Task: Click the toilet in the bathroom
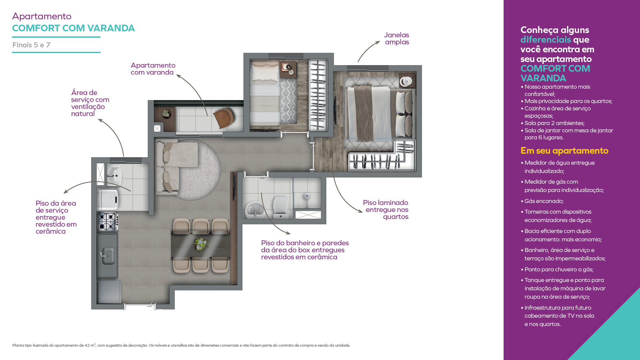[x=280, y=207]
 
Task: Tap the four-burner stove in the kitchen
[x=108, y=222]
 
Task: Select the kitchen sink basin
[x=107, y=256]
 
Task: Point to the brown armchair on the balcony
[x=224, y=118]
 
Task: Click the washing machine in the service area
[x=108, y=200]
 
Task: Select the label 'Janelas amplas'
[x=396, y=38]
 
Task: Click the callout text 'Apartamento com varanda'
[x=153, y=69]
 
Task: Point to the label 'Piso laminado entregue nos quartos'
[x=386, y=210]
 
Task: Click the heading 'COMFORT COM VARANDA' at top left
[x=73, y=28]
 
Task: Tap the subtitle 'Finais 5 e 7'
[x=31, y=45]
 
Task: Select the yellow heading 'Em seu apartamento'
[x=564, y=151]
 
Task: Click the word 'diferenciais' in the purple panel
[x=546, y=40]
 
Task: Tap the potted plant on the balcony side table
[x=166, y=114]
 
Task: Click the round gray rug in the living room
[x=197, y=170]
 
